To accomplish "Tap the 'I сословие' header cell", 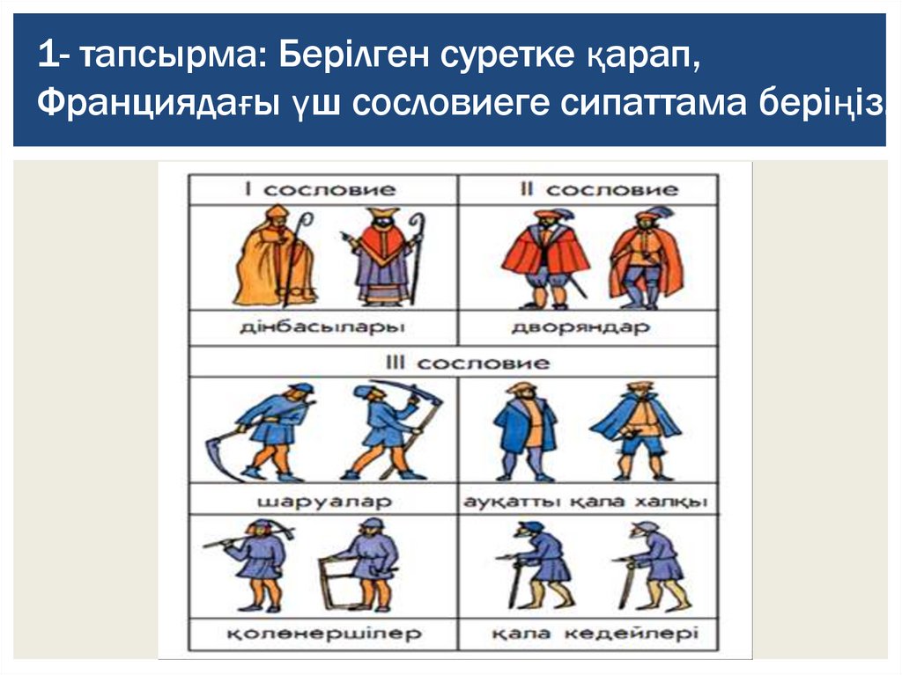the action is click(x=323, y=190).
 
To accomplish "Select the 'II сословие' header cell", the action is click(x=588, y=190).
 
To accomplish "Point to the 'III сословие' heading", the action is click(x=467, y=363).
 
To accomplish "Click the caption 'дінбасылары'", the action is click(x=322, y=327).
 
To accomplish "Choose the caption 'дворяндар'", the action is click(x=581, y=327).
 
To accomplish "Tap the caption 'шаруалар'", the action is click(x=324, y=502).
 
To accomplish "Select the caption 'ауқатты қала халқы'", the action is click(x=586, y=502).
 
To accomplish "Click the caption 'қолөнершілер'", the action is click(x=324, y=634).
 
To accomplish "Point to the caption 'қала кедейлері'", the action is click(x=595, y=634).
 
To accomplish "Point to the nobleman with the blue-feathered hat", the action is click(x=647, y=259).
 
